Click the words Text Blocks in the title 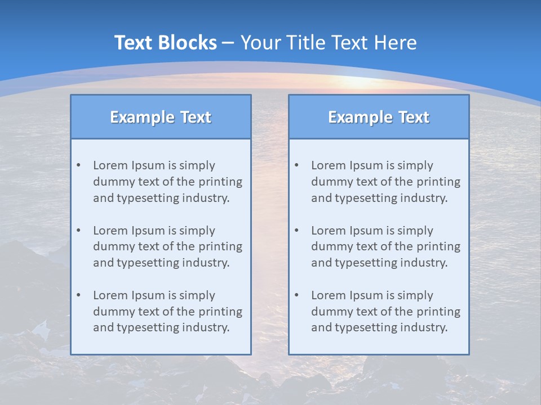[x=165, y=43]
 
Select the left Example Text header [x=161, y=117]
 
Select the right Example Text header [x=379, y=117]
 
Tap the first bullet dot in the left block [x=78, y=165]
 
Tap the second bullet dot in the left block [x=78, y=231]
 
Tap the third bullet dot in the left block [x=78, y=295]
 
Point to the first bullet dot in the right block [x=296, y=165]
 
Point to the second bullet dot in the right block [x=296, y=231]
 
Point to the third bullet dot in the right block [x=296, y=295]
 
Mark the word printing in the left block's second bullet [x=221, y=247]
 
